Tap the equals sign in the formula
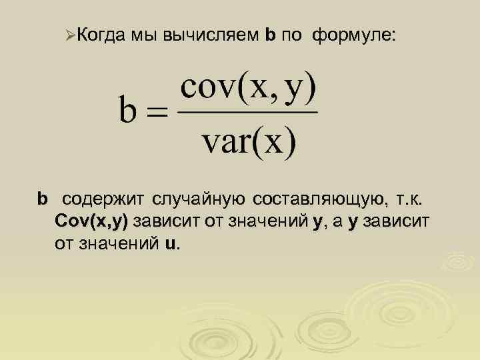(x=158, y=113)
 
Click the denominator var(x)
(x=248, y=141)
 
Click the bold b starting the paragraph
(x=43, y=199)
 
